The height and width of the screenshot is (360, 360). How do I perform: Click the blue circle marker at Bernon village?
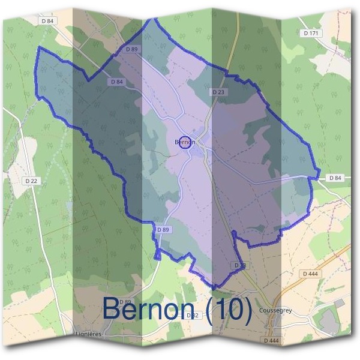coord(185,142)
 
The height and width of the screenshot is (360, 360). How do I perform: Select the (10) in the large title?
coord(227,309)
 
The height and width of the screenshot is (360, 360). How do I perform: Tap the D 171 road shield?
coord(311,33)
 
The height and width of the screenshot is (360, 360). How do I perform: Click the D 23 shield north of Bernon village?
coord(218,92)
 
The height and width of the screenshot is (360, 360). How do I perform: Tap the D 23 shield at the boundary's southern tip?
coord(239,265)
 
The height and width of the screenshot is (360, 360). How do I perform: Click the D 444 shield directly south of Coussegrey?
coord(271,340)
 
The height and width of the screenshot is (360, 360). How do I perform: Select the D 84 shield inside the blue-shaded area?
coord(117,82)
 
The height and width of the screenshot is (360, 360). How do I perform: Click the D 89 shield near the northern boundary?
coord(133,49)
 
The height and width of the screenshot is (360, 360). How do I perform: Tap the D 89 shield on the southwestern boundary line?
coord(163,230)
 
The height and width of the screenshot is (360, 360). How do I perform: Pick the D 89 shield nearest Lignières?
coord(125,301)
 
